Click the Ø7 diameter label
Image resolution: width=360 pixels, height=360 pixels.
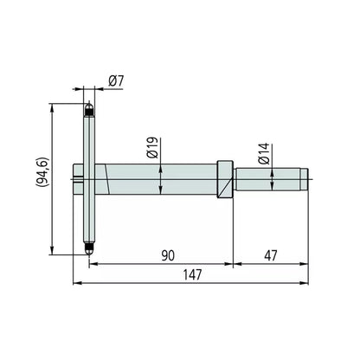(x=117, y=80)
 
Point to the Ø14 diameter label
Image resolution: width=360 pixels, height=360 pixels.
(x=262, y=157)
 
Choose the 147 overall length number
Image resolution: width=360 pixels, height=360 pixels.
(x=192, y=274)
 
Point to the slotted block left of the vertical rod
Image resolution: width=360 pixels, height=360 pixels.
(x=79, y=180)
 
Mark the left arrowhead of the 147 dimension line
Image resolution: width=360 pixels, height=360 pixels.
(x=76, y=282)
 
